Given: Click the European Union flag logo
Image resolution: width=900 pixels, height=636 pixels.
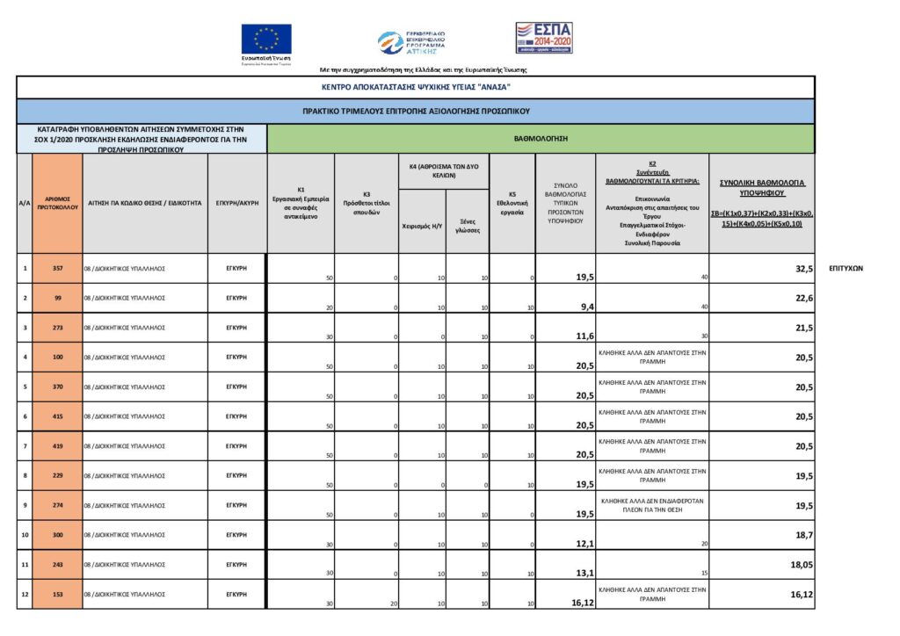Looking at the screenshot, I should click(266, 40).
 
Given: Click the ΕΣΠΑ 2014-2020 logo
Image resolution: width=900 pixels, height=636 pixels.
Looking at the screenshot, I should click(543, 38).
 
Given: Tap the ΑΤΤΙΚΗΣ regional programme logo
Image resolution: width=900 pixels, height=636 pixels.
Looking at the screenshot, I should click(412, 43).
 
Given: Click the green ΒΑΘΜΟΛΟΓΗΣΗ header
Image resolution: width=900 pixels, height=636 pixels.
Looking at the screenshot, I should click(541, 139).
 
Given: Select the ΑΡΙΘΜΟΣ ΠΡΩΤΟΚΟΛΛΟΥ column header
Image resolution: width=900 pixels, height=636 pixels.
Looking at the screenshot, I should click(57, 203).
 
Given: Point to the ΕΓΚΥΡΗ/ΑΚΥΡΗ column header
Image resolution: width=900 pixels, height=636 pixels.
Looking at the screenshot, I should click(236, 203).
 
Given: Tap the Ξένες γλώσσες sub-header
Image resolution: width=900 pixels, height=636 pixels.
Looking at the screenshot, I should click(468, 226).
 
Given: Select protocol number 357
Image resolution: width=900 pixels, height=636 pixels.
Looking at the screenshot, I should click(57, 267).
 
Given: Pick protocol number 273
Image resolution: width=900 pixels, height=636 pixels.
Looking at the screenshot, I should click(57, 327).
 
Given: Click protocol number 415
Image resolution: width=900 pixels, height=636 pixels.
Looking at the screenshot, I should click(57, 416).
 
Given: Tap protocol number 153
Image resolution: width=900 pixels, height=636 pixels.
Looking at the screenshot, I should click(57, 594).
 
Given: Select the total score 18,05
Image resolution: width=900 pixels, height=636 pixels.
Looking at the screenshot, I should click(800, 567).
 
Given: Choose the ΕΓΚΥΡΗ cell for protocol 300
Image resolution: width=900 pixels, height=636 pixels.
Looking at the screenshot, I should click(236, 534).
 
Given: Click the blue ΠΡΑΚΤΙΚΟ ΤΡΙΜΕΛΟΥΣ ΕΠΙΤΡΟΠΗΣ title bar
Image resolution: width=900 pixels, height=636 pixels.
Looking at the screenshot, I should click(416, 112).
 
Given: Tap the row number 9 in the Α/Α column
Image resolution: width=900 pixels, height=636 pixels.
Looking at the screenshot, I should click(25, 504).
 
